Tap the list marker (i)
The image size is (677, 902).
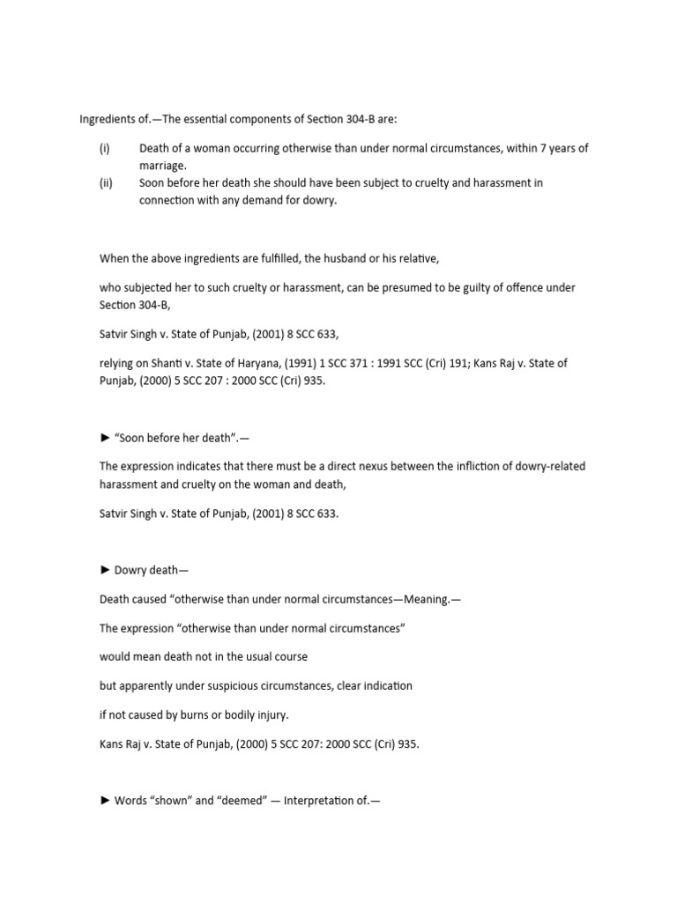[104, 149]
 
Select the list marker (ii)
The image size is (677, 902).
[105, 183]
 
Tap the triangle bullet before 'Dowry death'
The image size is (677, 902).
[105, 571]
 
